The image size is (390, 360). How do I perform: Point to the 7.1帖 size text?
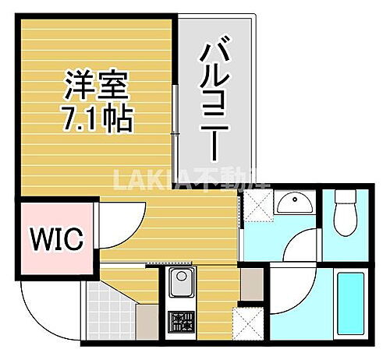[x=95, y=118]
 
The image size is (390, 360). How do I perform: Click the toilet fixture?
[x=342, y=216]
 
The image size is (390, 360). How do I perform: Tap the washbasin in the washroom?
[x=296, y=204]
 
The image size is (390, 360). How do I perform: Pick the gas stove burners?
[x=182, y=320]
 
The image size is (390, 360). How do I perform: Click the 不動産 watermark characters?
[x=226, y=180]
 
